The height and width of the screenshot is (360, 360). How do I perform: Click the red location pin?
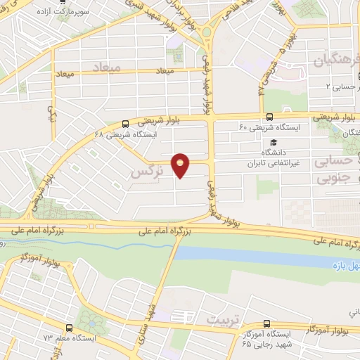181,165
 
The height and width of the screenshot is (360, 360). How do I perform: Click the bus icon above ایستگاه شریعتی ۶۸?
126,122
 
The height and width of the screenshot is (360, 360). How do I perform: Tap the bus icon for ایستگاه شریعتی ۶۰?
270,117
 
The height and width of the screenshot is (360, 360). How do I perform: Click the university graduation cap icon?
270,142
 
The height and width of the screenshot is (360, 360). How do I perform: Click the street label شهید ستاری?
145,316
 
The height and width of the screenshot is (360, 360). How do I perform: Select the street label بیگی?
51,112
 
